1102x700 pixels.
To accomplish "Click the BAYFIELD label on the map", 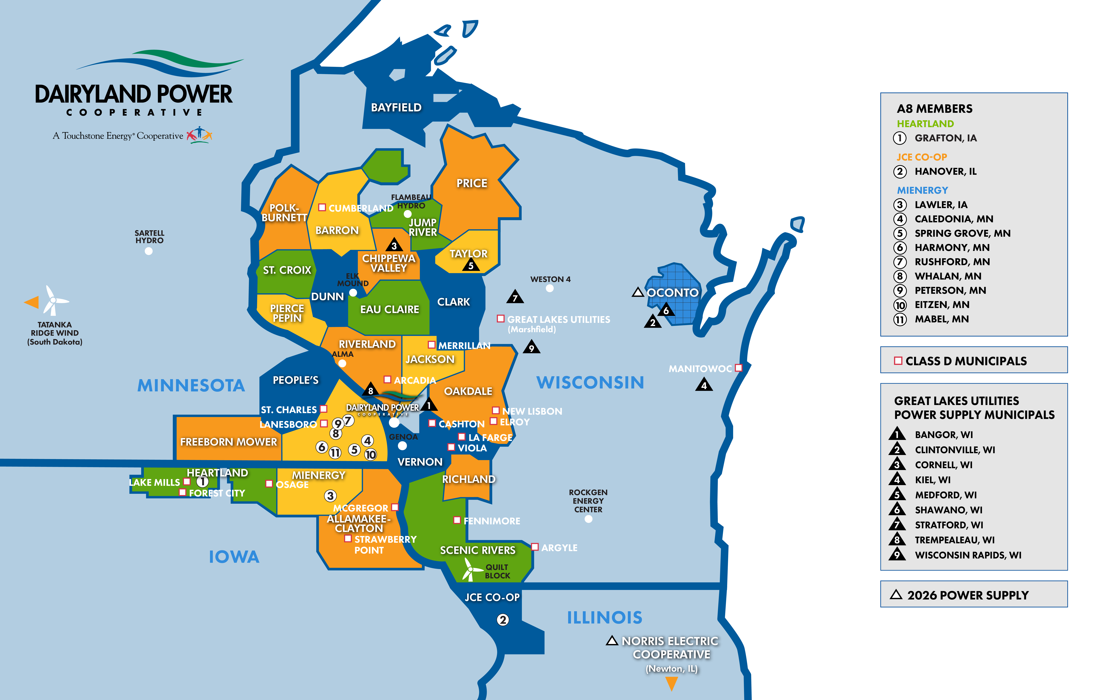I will click(x=396, y=108).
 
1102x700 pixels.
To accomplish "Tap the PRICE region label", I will click(x=472, y=183).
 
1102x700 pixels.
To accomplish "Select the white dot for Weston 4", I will click(x=550, y=288).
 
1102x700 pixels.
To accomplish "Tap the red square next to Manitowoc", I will click(x=738, y=368).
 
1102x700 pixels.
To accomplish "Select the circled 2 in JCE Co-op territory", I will click(x=502, y=620).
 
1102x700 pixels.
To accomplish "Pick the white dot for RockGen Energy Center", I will click(x=588, y=519).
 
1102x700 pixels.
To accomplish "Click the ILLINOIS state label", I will click(x=605, y=618).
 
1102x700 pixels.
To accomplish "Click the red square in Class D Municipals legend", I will click(x=898, y=361).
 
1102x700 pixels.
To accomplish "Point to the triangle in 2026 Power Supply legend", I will click(x=896, y=595).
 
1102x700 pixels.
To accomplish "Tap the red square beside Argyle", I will click(x=534, y=547).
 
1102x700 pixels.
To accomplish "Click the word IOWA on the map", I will click(x=234, y=557).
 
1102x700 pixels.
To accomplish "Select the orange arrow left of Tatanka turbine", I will click(x=32, y=302).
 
